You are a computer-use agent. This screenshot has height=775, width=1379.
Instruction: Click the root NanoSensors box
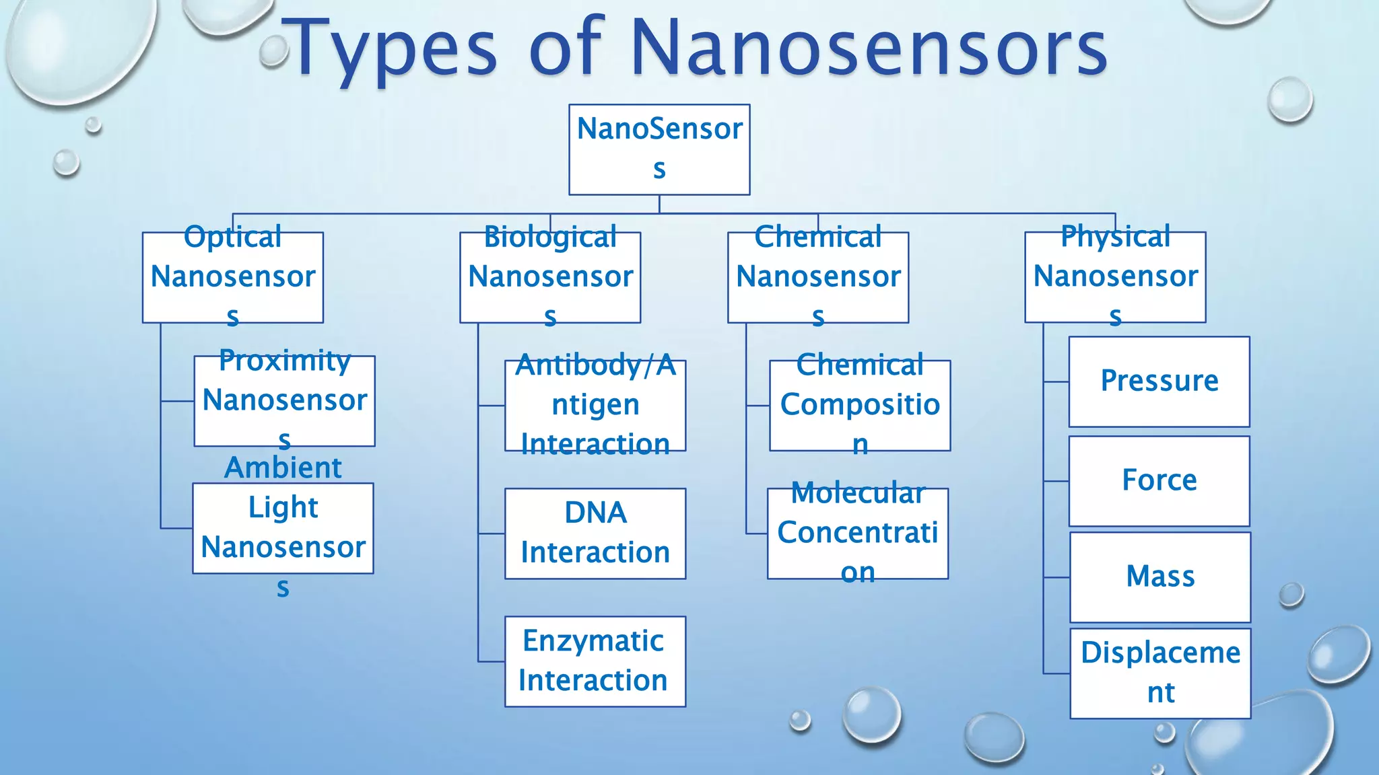pyautogui.click(x=659, y=149)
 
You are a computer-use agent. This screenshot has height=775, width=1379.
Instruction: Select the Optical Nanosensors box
pyautogui.click(x=233, y=277)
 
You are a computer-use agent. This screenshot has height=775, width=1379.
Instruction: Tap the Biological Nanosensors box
pyautogui.click(x=550, y=277)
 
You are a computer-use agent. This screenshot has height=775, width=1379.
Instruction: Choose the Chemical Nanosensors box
pyautogui.click(x=818, y=277)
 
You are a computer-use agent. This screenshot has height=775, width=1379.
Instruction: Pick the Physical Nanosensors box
pyautogui.click(x=1115, y=277)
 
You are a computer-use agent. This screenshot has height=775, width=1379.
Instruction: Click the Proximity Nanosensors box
pyautogui.click(x=285, y=401)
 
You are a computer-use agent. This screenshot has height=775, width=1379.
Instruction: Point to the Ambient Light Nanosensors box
pyautogui.click(x=283, y=528)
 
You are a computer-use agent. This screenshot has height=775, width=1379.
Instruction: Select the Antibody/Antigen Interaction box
pyautogui.click(x=595, y=405)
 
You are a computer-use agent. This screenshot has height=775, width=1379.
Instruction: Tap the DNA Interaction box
pyautogui.click(x=595, y=533)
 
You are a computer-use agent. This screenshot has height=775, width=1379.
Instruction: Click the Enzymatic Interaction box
pyautogui.click(x=595, y=661)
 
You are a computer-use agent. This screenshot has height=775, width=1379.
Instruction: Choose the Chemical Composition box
pyautogui.click(x=860, y=405)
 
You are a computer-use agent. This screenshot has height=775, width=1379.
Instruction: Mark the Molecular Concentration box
pyautogui.click(x=858, y=533)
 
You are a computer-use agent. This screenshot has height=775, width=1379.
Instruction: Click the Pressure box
pyautogui.click(x=1159, y=381)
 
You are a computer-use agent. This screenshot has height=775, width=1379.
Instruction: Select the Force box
pyautogui.click(x=1159, y=481)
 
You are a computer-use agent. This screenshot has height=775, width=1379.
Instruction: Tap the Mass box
pyautogui.click(x=1160, y=577)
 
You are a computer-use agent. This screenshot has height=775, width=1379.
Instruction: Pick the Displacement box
pyautogui.click(x=1160, y=673)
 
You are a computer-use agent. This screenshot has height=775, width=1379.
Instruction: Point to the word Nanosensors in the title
pyautogui.click(x=869, y=48)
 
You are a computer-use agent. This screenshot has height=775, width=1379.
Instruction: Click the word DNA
pyautogui.click(x=595, y=513)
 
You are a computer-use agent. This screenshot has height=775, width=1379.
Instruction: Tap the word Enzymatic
pyautogui.click(x=593, y=641)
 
